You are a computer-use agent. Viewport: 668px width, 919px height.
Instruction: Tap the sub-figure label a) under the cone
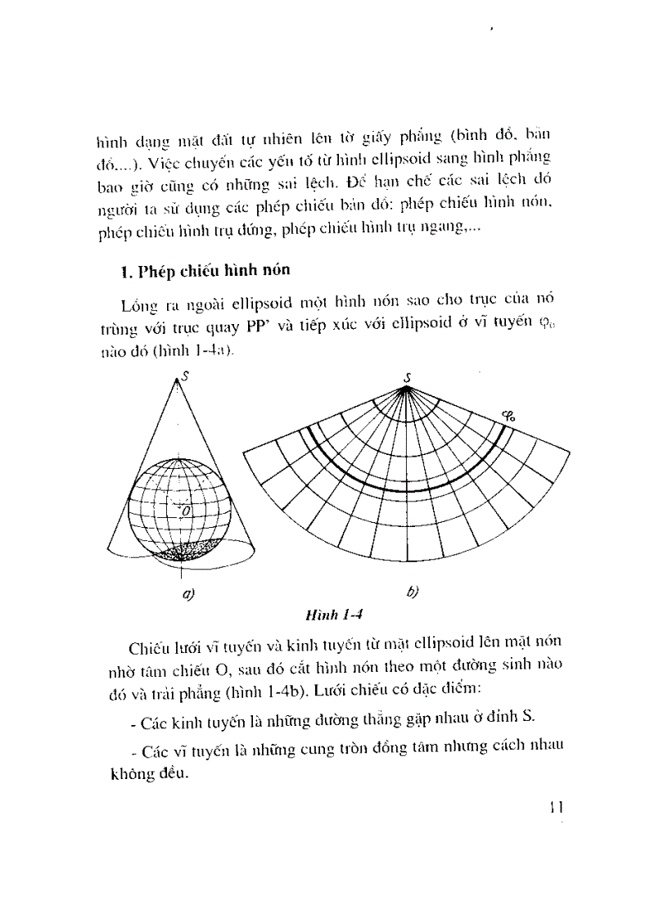click(187, 595)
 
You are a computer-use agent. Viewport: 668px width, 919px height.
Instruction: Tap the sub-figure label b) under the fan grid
click(411, 593)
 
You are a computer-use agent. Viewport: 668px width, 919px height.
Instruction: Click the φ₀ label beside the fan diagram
click(508, 416)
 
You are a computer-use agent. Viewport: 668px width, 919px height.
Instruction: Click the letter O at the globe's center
click(186, 511)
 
